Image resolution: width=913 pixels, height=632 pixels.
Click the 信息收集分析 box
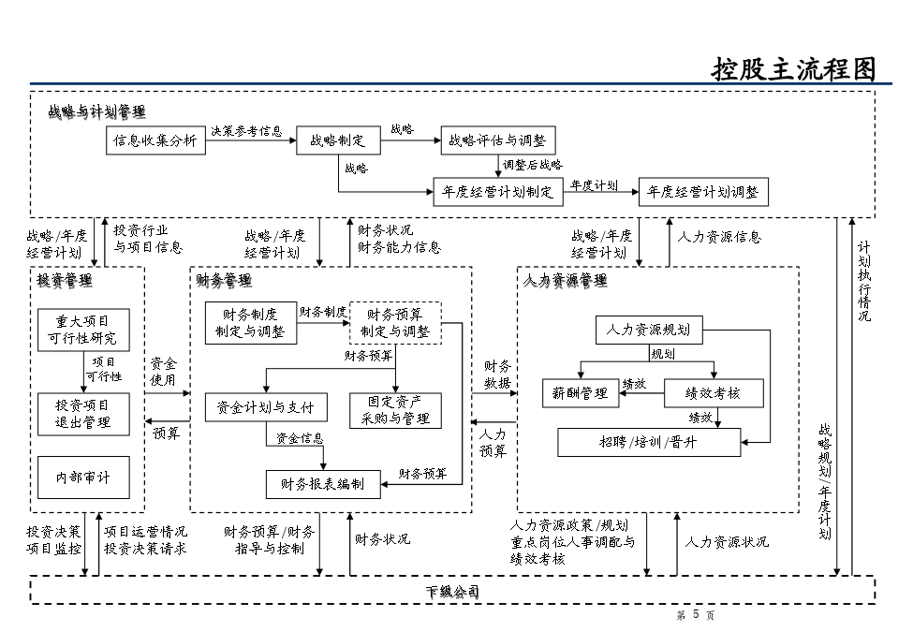pos(155,141)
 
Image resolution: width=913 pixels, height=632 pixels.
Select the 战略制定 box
pos(338,141)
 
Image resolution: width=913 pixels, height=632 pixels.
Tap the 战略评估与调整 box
pos(497,141)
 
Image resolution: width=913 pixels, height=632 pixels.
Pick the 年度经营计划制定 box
pos(497,192)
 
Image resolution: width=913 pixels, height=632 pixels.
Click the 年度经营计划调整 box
pos(703,192)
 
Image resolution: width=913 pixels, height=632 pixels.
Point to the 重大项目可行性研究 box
pos(82,330)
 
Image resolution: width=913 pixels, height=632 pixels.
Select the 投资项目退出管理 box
pos(82,414)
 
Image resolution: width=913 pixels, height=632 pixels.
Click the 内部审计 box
pos(82,478)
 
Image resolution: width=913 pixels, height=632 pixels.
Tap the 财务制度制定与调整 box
pos(250,322)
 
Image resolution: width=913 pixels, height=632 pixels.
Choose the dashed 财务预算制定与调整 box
pos(394,322)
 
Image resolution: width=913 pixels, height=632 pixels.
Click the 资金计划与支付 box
pos(266,407)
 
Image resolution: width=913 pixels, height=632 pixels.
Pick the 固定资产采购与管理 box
pos(394,409)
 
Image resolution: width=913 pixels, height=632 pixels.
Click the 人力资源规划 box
pos(648,330)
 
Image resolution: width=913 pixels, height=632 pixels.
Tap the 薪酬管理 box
pos(581,393)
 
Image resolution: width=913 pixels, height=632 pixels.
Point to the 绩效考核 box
pos(714,393)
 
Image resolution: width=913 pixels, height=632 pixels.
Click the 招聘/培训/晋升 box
pos(648,442)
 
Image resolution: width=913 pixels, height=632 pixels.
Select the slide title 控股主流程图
pos(793,69)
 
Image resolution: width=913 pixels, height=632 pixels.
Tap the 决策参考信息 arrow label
pos(246,131)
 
